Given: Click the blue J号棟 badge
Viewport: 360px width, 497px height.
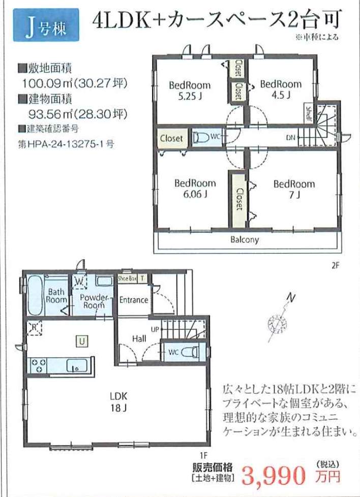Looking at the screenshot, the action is [46, 25].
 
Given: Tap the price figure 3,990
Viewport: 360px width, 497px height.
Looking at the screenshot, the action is [274, 476].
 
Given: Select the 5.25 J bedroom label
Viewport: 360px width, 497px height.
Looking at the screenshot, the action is [190, 90].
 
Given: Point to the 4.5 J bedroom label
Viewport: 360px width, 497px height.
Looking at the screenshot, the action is [281, 89].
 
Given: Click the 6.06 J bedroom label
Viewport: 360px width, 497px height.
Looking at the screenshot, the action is [195, 188].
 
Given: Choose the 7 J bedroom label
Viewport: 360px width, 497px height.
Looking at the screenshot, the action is [294, 189].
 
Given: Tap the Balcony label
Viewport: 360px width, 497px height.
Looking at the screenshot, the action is [245, 240].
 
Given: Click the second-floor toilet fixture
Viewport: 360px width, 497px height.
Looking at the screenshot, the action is [201, 138].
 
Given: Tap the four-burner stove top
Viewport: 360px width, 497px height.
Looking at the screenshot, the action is [38, 365].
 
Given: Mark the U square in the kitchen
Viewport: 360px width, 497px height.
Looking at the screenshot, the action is [82, 341].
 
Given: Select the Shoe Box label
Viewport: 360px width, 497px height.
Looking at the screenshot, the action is [127, 278].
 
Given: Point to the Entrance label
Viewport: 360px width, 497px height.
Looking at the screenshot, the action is [134, 300].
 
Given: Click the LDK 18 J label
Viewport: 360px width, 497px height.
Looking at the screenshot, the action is [118, 401].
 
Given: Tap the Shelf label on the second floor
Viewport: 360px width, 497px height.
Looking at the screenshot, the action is [308, 113].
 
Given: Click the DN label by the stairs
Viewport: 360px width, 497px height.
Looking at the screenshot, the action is [291, 138].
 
